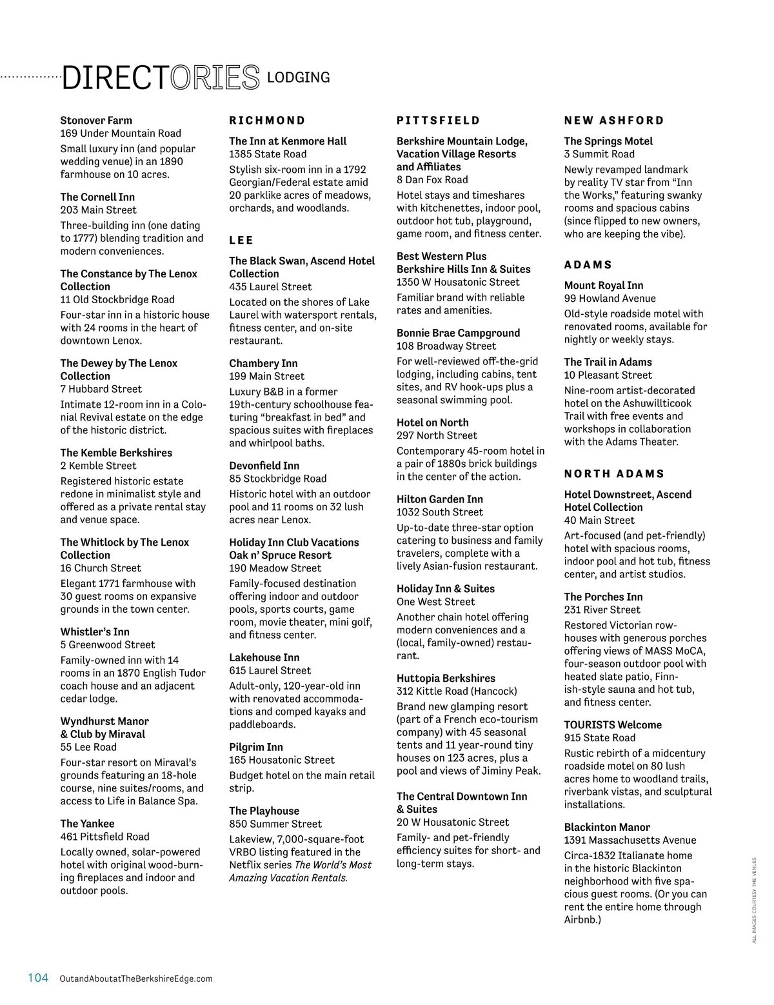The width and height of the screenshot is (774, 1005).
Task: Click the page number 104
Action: pos(38,977)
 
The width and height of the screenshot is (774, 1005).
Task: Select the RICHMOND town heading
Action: pos(267,121)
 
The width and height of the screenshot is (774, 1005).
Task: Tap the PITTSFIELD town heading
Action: pos(438,121)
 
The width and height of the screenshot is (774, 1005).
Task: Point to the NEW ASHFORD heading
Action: pos(613,121)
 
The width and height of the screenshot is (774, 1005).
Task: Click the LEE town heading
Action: pos(241,240)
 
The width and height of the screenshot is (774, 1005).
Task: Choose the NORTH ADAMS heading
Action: pos(613,473)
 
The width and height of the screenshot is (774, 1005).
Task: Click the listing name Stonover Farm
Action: pos(96,121)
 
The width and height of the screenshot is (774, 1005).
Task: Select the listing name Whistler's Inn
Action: pos(95,632)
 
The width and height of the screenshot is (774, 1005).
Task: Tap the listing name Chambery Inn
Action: pos(263,363)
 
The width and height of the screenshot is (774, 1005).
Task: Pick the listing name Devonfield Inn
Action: pos(264,466)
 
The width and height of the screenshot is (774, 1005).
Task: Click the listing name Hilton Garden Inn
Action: pos(439,499)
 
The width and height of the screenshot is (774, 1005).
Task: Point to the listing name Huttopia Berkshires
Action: pos(446,679)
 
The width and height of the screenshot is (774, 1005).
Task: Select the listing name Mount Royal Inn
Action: pos(603,285)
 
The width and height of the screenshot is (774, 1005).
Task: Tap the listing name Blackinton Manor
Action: pos(606,827)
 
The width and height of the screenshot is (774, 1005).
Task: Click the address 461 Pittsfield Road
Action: pos(104,837)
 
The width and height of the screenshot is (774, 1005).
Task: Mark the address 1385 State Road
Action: pos(268,154)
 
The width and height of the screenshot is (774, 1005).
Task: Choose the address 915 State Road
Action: pos(599,738)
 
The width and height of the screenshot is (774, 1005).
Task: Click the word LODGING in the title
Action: pos(298,77)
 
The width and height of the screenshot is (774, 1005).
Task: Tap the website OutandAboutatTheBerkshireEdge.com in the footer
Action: pos(135,979)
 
